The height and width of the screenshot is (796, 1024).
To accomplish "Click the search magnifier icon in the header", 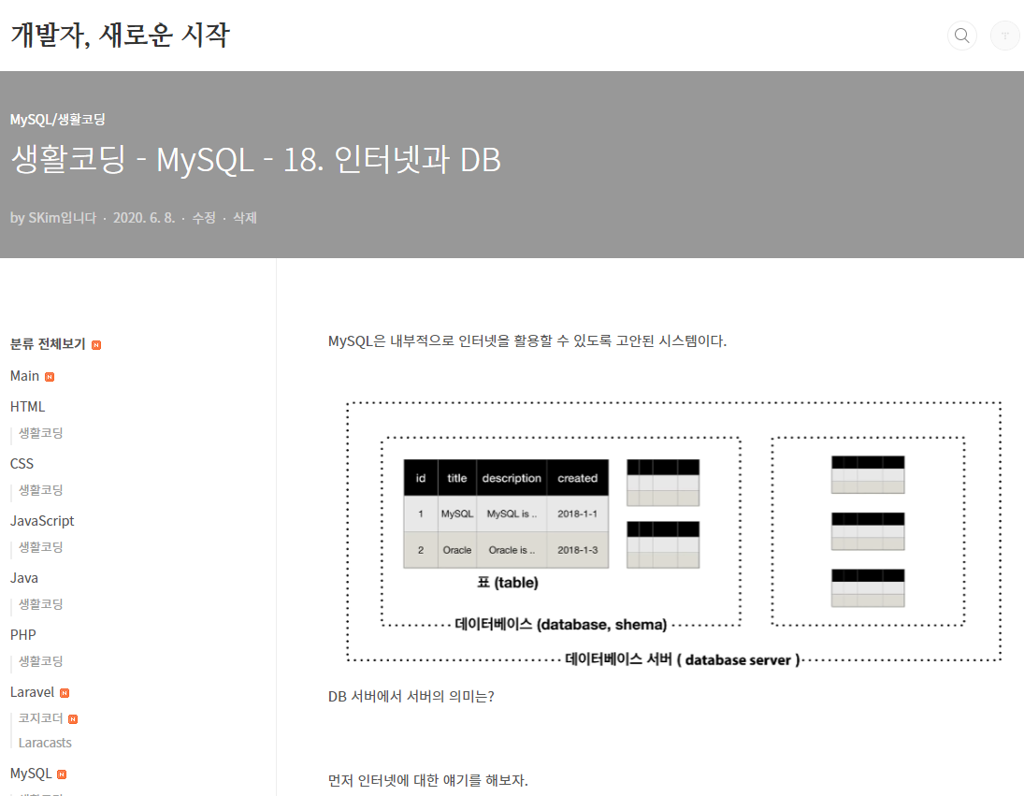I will tap(961, 36).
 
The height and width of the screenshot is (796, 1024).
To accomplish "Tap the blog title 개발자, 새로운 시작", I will tap(120, 36).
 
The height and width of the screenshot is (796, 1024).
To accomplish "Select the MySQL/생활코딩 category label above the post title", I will tap(57, 120).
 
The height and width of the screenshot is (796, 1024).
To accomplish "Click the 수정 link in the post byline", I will tap(204, 218).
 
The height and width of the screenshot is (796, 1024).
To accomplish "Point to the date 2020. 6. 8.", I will tap(144, 218).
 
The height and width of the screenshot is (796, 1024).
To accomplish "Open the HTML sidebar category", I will tap(28, 407).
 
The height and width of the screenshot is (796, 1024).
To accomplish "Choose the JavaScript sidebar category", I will tap(42, 521).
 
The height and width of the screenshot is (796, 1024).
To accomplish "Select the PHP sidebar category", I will tap(23, 635).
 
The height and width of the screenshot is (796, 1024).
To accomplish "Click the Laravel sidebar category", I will tap(33, 693).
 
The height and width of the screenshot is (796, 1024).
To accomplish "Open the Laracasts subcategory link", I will tap(45, 743).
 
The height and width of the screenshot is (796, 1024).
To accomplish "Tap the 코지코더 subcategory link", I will tap(41, 718).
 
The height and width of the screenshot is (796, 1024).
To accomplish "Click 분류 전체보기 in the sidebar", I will tap(48, 344).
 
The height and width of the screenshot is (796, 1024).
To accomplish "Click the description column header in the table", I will tap(512, 478).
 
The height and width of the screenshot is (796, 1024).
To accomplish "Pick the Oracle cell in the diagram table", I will tap(457, 550).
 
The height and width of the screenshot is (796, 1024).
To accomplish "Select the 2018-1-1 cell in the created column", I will tap(577, 514).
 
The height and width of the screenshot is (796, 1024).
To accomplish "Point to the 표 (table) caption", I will tap(508, 583).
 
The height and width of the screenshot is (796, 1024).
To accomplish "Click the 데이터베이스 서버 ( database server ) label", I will tap(683, 659).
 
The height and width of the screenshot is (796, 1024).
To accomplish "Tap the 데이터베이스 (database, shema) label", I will tap(561, 625).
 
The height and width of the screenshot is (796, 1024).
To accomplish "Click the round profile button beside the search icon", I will tap(1005, 36).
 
